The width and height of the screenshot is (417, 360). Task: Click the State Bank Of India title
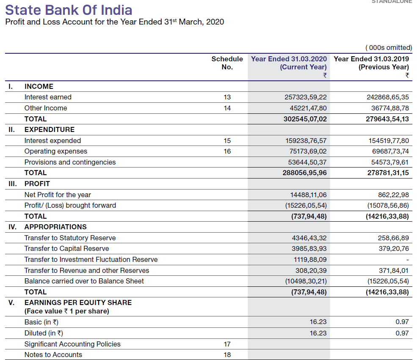click(69, 10)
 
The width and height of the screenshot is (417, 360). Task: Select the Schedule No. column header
click(227, 63)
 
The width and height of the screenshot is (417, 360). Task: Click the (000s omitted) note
click(388, 48)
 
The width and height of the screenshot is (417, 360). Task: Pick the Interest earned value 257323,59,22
click(305, 97)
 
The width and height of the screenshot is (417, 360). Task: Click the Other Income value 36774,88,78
click(388, 108)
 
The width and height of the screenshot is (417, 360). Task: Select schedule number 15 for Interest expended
click(227, 141)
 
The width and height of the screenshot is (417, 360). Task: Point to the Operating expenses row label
click(56, 151)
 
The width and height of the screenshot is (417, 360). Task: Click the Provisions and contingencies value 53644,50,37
click(305, 162)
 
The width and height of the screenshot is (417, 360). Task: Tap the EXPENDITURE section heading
click(49, 130)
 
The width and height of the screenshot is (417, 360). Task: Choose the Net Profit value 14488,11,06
click(308, 195)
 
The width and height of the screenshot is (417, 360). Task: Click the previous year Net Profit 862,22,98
click(393, 195)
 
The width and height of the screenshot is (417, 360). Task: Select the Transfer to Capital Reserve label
click(66, 249)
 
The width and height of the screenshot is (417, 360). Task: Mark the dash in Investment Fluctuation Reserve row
click(407, 260)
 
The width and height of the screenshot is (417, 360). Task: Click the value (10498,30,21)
click(306, 281)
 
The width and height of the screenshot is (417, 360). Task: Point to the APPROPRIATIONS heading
click(55, 227)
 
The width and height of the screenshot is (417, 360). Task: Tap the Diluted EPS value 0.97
click(402, 333)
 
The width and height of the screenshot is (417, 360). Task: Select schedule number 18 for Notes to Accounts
click(227, 355)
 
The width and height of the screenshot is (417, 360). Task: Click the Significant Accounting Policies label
click(72, 344)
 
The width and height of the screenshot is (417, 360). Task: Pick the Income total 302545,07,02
click(305, 119)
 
